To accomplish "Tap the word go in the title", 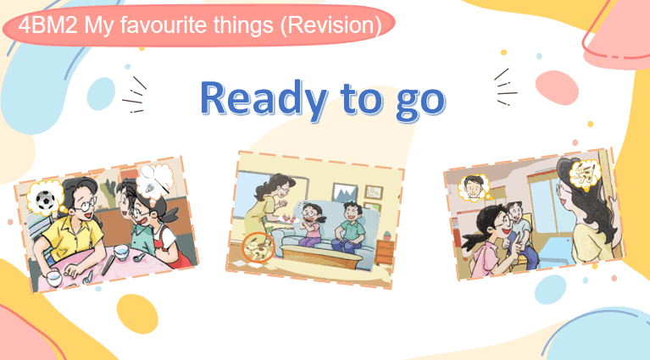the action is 420,102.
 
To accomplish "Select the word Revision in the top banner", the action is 331,25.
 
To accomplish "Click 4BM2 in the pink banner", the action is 47,25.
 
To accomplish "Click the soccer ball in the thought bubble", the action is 45,200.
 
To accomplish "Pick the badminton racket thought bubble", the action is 155,180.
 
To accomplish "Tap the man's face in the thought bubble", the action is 474,187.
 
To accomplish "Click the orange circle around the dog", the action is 258,246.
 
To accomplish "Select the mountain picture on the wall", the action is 345,193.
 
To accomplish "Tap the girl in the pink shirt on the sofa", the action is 310,225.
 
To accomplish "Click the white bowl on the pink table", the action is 122,252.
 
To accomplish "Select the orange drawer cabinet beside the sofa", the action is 385,252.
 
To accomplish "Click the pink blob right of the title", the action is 557,88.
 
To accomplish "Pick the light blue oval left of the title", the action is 101,94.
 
